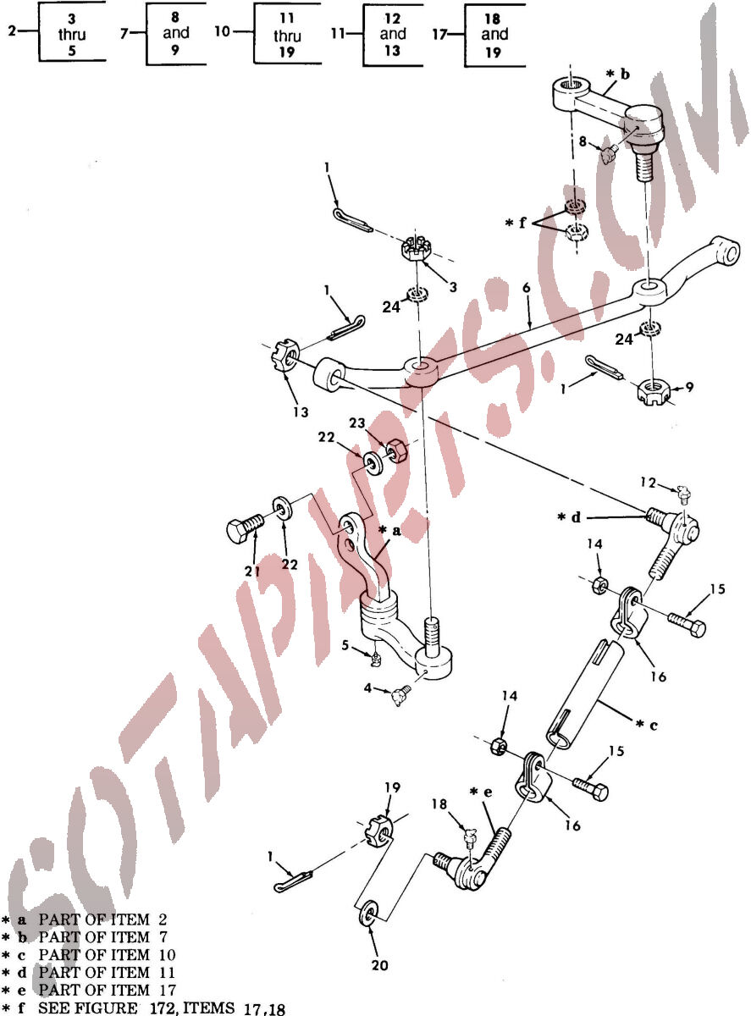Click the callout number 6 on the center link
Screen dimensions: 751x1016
coord(527,288)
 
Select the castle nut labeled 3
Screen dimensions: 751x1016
coord(415,249)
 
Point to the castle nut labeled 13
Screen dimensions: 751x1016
coord(285,355)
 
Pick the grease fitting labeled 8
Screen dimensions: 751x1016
coord(610,154)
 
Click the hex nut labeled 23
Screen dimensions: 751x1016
coord(397,451)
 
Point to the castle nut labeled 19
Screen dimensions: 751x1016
coord(380,833)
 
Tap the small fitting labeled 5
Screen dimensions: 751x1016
coord(376,660)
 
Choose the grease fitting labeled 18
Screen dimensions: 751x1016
coord(469,837)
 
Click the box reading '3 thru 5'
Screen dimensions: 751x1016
coord(72,33)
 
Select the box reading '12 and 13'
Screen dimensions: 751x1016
coord(393,35)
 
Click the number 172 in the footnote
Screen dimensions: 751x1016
coord(161,1008)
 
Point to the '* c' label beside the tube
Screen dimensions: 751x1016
coord(647,725)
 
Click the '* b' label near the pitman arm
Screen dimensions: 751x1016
coord(618,74)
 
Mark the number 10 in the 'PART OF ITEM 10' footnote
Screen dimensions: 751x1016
coord(168,955)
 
